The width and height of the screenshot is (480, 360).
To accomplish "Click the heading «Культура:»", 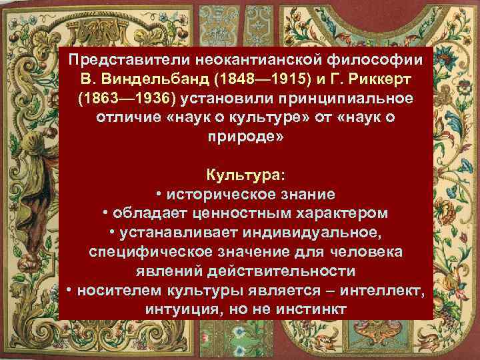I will (246, 175).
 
